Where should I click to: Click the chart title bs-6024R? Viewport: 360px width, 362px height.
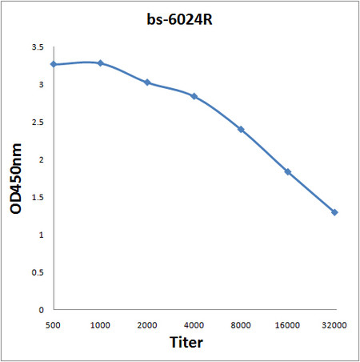pyautogui.click(x=181, y=18)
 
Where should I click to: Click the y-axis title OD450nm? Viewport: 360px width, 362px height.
pyautogui.click(x=15, y=179)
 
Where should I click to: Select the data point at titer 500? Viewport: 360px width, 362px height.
pyautogui.click(x=54, y=64)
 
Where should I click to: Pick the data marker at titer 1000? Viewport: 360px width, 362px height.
pyautogui.click(x=100, y=62)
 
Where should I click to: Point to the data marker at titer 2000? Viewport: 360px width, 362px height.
pyautogui.click(x=147, y=82)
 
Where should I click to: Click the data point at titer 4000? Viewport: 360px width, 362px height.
pyautogui.click(x=194, y=96)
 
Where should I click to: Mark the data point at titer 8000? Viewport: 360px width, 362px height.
pyautogui.click(x=241, y=129)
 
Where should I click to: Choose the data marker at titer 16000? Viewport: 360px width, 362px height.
pyautogui.click(x=287, y=171)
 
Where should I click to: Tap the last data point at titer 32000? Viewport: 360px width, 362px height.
pyautogui.click(x=334, y=212)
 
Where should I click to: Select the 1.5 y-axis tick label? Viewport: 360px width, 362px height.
pyautogui.click(x=36, y=197)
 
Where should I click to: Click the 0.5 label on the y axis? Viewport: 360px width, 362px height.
pyautogui.click(x=36, y=271)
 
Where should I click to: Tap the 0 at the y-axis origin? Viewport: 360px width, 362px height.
pyautogui.click(x=41, y=309)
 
